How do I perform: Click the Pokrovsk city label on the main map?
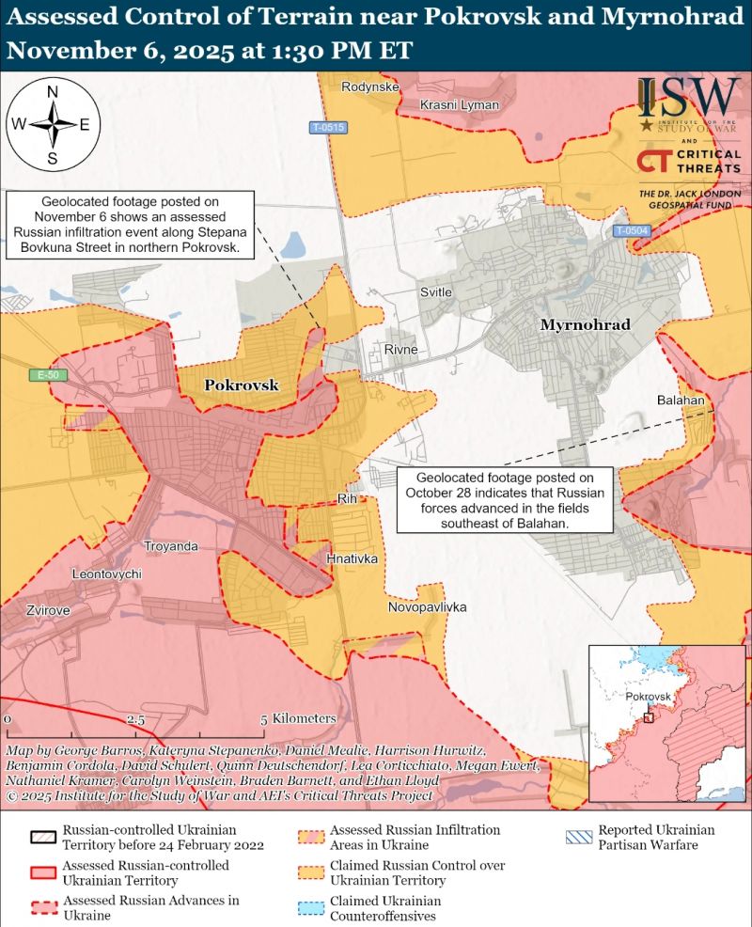point(242,385)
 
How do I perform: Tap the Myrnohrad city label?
point(585,324)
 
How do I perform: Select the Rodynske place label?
point(371,87)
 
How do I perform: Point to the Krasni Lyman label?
point(459,104)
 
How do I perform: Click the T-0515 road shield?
point(329,127)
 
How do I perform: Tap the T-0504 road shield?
point(632,230)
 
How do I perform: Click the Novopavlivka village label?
point(427,607)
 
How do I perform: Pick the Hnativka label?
point(352,558)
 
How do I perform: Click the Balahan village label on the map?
point(681,401)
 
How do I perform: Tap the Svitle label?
point(435,292)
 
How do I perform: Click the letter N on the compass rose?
point(53,91)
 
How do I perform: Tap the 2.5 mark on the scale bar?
point(136,719)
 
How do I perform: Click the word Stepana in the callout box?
point(209,233)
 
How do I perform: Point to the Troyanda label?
point(170,545)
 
